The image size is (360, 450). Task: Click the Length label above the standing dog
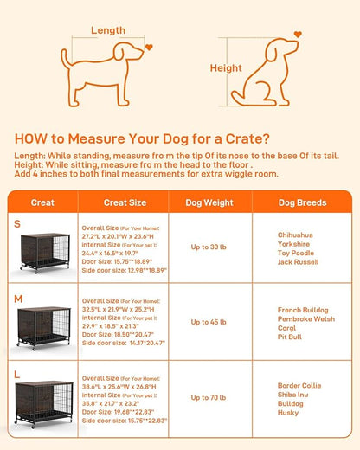[109, 31]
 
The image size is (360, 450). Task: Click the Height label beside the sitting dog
[225, 67]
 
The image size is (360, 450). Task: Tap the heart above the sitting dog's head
[298, 35]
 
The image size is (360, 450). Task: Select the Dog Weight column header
[209, 202]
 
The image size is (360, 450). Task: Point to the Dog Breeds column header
[302, 202]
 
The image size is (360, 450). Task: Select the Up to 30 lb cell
[209, 247]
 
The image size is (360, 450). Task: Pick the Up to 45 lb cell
[209, 323]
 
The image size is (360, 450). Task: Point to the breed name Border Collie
[299, 384]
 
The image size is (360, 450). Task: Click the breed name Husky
[287, 413]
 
